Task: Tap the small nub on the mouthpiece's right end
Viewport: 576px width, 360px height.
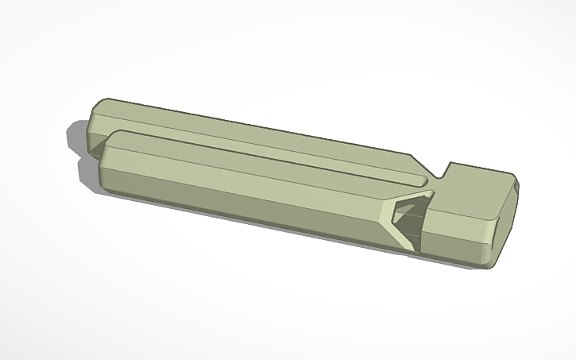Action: tap(516, 185)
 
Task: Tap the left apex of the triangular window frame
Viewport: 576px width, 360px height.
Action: tap(385, 208)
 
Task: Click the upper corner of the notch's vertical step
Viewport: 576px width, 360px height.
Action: tap(450, 164)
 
